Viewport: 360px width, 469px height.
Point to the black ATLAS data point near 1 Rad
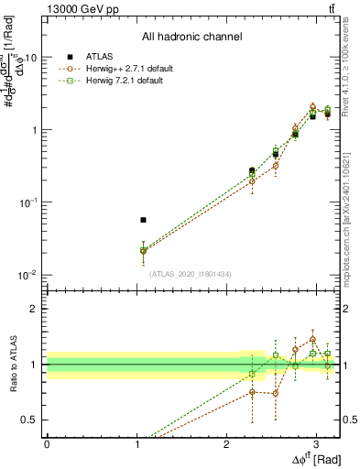[143, 220]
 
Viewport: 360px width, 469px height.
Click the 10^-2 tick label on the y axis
[28, 275]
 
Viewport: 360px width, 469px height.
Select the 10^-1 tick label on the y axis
[28, 202]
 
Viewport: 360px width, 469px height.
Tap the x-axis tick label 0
[47, 443]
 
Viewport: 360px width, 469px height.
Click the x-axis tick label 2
[226, 443]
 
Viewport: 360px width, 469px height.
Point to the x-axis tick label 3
[316, 443]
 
